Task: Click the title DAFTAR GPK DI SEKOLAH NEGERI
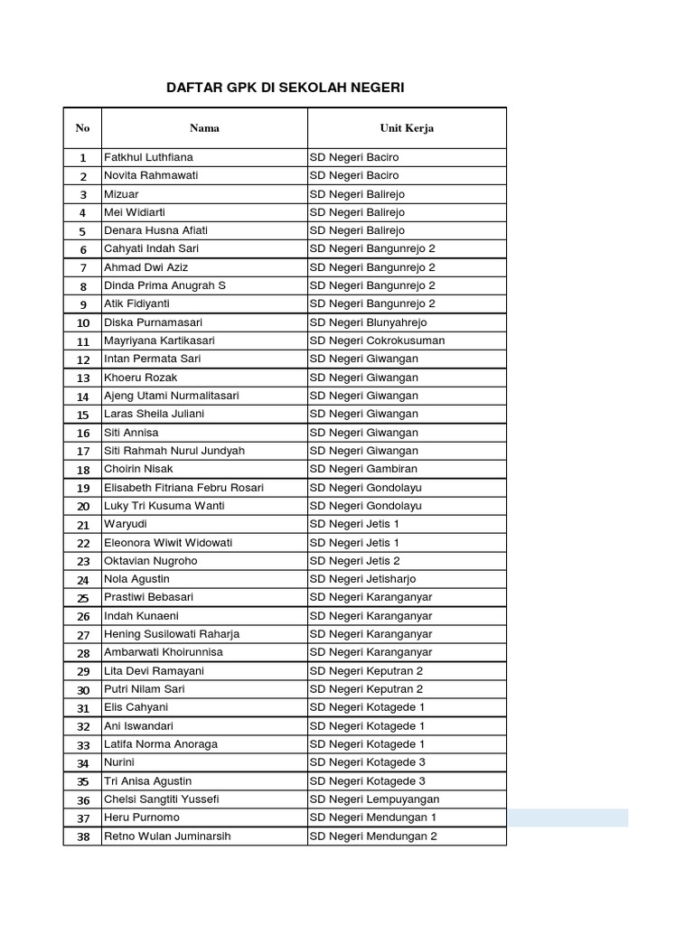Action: pyautogui.click(x=286, y=88)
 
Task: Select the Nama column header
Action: pyautogui.click(x=204, y=128)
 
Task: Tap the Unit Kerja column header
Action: pyautogui.click(x=407, y=128)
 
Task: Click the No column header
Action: pyautogui.click(x=82, y=128)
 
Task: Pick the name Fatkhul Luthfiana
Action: pyautogui.click(x=148, y=157)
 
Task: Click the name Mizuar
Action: pyautogui.click(x=122, y=194)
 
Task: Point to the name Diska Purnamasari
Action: pyautogui.click(x=153, y=322)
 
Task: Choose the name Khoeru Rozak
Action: pyautogui.click(x=141, y=378)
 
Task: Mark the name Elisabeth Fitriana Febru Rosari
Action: pyautogui.click(x=183, y=488)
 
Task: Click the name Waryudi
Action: pyautogui.click(x=127, y=524)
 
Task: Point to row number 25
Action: pyautogui.click(x=83, y=598)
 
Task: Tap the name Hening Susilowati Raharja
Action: pyautogui.click(x=172, y=634)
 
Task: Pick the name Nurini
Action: pyautogui.click(x=120, y=762)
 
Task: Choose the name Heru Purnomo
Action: pyautogui.click(x=142, y=818)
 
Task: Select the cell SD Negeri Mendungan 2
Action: pyautogui.click(x=373, y=836)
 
